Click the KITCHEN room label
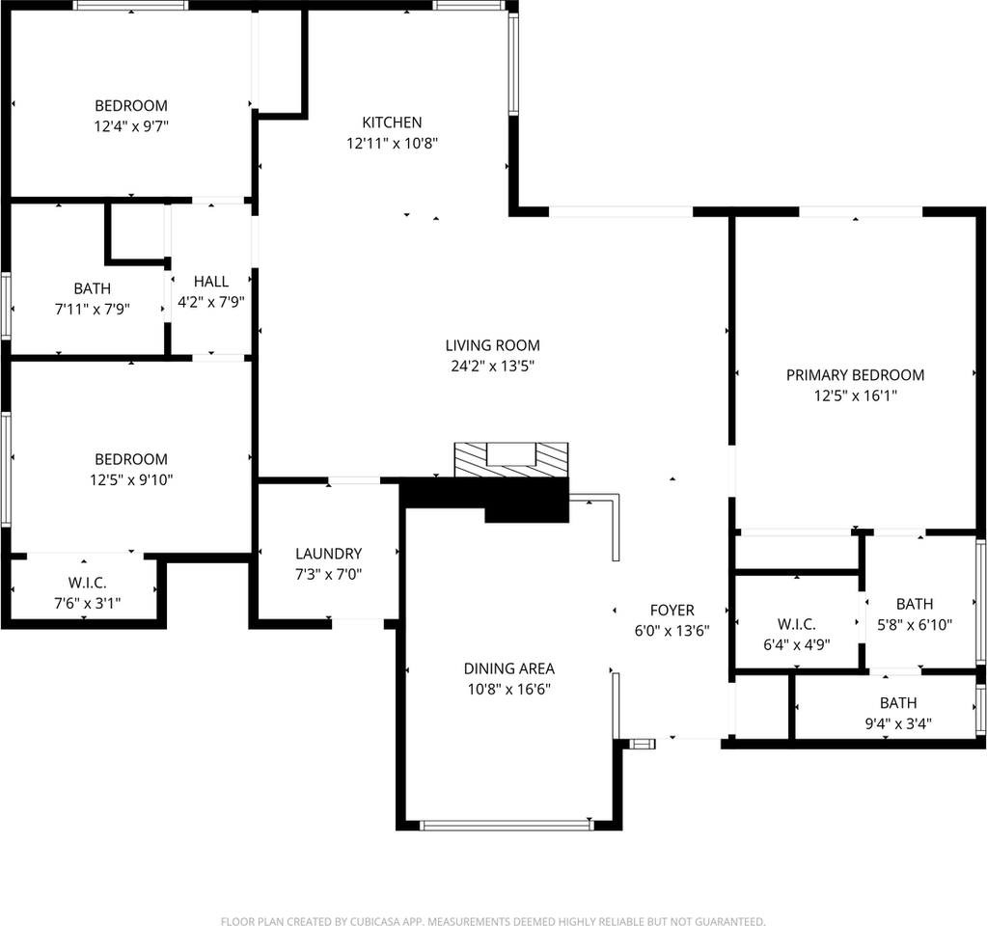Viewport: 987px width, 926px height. [x=392, y=123]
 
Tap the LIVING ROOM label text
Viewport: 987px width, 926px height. [x=492, y=345]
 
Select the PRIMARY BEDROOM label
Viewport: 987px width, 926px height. [x=855, y=375]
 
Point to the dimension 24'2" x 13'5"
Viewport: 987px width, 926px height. [x=492, y=367]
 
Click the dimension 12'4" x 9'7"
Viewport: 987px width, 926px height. [x=130, y=126]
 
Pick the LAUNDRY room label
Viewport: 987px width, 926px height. [x=328, y=554]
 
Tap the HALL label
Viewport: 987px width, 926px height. [x=211, y=282]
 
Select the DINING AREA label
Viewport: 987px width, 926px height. [x=508, y=668]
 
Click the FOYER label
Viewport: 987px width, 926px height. [x=672, y=611]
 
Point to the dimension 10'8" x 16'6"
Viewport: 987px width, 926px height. [x=508, y=690]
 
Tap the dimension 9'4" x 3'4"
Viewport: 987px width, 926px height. [x=898, y=723]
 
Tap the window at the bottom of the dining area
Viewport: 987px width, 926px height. [x=507, y=825]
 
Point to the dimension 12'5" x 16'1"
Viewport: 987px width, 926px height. [x=855, y=395]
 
